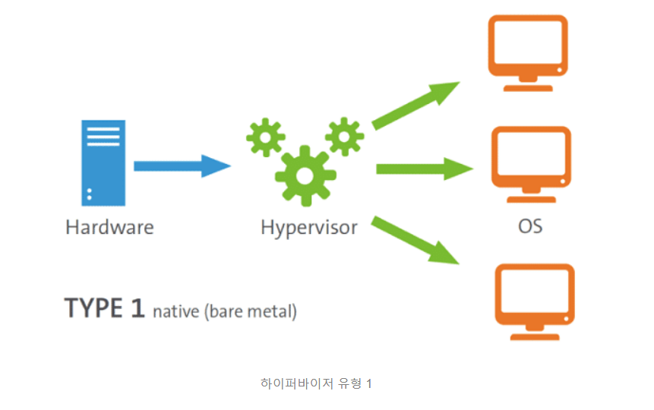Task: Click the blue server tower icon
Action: coord(103,162)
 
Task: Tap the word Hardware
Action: coord(109,226)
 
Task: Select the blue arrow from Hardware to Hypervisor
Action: coord(182,166)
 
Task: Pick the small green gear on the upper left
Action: coord(265,137)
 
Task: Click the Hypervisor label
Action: coord(308,226)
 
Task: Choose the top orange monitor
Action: coord(529,46)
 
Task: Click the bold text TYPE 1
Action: coord(104,308)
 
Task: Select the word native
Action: coord(175,311)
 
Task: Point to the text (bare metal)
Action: coord(250,311)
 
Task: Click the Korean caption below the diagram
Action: coord(316,383)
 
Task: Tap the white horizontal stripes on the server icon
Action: coord(103,137)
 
